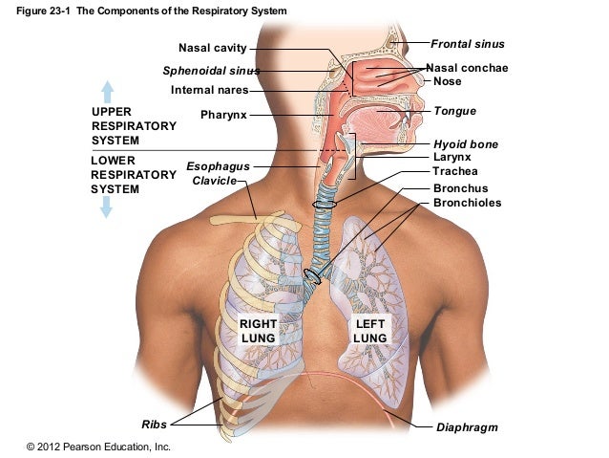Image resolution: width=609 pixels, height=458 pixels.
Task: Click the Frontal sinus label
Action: [467, 44]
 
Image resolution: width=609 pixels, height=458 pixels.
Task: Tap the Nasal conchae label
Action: [467, 68]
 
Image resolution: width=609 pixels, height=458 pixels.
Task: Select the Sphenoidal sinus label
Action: [211, 71]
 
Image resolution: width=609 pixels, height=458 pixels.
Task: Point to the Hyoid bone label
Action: [465, 144]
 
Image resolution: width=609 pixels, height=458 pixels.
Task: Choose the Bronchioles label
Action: [467, 203]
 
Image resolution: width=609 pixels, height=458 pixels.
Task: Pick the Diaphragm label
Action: [467, 426]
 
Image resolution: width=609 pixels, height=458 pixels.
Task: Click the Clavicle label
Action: [215, 180]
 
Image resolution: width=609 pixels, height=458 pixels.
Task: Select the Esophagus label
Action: [218, 165]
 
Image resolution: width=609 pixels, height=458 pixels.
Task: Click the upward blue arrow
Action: [108, 91]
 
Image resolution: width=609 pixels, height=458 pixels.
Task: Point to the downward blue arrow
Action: [106, 207]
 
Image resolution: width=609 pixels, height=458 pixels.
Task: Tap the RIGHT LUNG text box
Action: [258, 332]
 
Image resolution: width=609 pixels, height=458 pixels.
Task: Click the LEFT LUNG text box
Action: [369, 332]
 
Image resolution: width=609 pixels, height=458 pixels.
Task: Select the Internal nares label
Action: [209, 90]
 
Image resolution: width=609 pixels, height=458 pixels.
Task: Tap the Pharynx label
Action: [223, 115]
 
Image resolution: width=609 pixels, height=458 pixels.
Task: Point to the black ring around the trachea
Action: [325, 203]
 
